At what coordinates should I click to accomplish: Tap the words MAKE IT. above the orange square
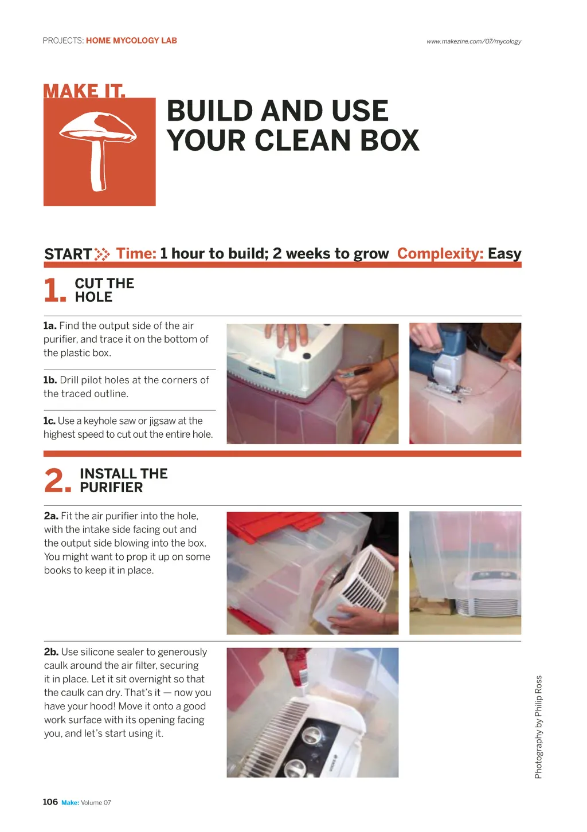pyautogui.click(x=84, y=91)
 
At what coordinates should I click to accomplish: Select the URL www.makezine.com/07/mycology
pyautogui.click(x=473, y=41)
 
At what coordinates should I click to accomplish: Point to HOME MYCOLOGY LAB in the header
pyautogui.click(x=131, y=41)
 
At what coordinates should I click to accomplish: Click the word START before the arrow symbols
pyautogui.click(x=68, y=254)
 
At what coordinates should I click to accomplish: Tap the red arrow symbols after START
pyautogui.click(x=102, y=254)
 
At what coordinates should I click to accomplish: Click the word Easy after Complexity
pyautogui.click(x=504, y=254)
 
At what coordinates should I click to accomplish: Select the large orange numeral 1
pyautogui.click(x=54, y=290)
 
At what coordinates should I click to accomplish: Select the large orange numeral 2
pyautogui.click(x=57, y=480)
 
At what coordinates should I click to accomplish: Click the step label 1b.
pyautogui.click(x=50, y=380)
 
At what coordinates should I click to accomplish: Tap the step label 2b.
pyautogui.click(x=51, y=652)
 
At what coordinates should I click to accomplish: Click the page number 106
pyautogui.click(x=50, y=802)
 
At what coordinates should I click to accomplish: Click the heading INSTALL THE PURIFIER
pyautogui.click(x=124, y=480)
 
